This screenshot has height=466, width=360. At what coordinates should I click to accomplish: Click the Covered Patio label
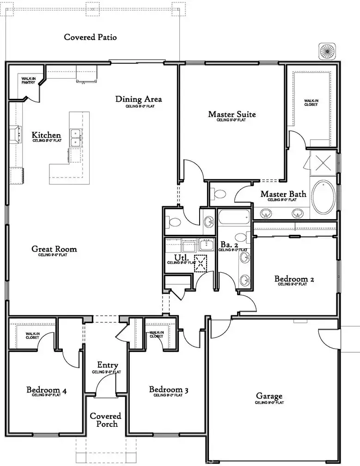[x=90, y=37]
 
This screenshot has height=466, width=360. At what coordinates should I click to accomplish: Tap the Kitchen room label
[x=46, y=135]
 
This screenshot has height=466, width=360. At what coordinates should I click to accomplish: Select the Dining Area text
[x=139, y=99]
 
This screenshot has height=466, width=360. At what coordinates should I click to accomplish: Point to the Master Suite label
[x=232, y=114]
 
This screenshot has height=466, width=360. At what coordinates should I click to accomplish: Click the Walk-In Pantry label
[x=31, y=80]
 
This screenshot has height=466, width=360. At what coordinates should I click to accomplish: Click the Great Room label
[x=54, y=249]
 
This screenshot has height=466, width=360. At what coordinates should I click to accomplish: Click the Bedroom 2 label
[x=294, y=279]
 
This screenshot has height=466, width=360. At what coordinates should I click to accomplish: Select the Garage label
[x=269, y=396]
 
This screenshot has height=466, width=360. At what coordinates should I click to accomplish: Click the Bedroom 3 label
[x=169, y=390]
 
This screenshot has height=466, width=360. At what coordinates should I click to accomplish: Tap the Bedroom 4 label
[x=46, y=391]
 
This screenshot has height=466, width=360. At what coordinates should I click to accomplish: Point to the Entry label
[x=107, y=366]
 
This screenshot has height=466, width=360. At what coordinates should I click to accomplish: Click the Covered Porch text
[x=105, y=420]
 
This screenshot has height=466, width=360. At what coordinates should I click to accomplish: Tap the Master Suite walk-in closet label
[x=311, y=103]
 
